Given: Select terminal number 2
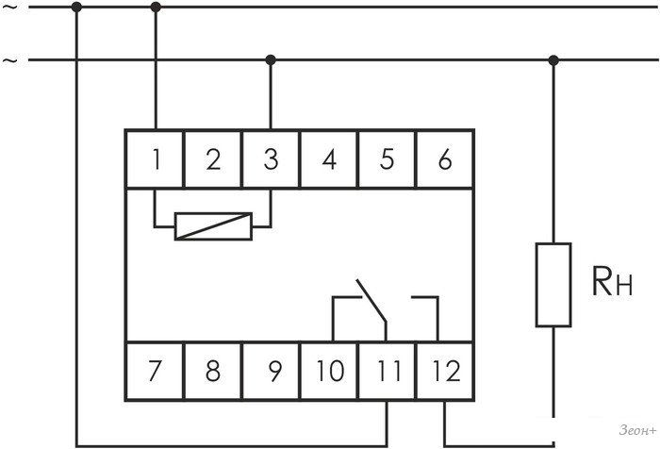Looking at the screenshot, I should coord(213,159).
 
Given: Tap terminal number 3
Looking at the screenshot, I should coord(272,159).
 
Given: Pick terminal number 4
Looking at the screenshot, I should coord(329,159).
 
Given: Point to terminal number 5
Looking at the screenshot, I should coord(387,159).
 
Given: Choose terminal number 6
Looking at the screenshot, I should coord(445,159).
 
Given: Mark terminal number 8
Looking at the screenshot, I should coord(213,371).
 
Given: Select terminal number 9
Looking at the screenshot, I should coord(272,371).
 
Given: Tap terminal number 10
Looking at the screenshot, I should coord(329,371).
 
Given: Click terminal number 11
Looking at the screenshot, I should coord(387,371).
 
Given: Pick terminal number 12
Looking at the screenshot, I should coord(445,371).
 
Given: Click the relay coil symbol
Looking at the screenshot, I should coord(213,225).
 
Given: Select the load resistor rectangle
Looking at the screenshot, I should coord(553,285).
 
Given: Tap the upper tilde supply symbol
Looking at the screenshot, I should coord(10,7).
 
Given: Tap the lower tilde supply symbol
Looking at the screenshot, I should coord(10,60).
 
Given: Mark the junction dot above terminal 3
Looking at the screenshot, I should coord(272,60).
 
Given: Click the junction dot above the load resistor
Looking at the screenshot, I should coord(553,60).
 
